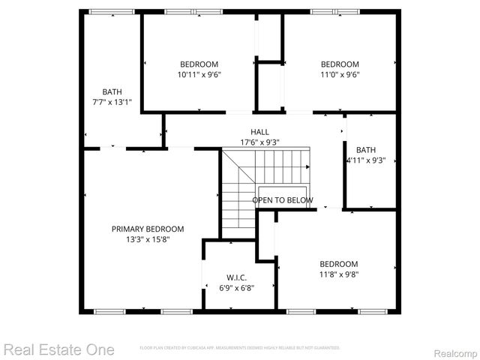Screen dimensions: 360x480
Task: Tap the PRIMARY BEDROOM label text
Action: tap(148, 229)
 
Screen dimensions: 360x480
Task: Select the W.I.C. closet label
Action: tap(236, 277)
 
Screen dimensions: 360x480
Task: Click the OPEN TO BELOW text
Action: tap(282, 200)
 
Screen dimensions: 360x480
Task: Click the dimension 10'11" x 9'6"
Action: tap(199, 74)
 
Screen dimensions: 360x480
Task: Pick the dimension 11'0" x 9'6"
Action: tap(340, 74)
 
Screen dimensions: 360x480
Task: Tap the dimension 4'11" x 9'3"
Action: tap(366, 160)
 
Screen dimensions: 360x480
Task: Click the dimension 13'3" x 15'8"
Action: tap(148, 239)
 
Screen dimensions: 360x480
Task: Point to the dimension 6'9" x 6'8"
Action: tap(236, 287)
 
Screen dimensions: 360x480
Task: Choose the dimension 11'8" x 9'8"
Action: tap(339, 274)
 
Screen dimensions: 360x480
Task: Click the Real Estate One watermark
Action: tap(58, 349)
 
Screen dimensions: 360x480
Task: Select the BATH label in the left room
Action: tap(112, 91)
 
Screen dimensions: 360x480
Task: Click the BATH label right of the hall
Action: tap(366, 150)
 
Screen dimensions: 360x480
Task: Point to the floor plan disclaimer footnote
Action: tap(240, 348)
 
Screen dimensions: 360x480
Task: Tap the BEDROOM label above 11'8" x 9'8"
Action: tap(339, 264)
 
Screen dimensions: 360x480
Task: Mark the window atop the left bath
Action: tap(112, 12)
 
